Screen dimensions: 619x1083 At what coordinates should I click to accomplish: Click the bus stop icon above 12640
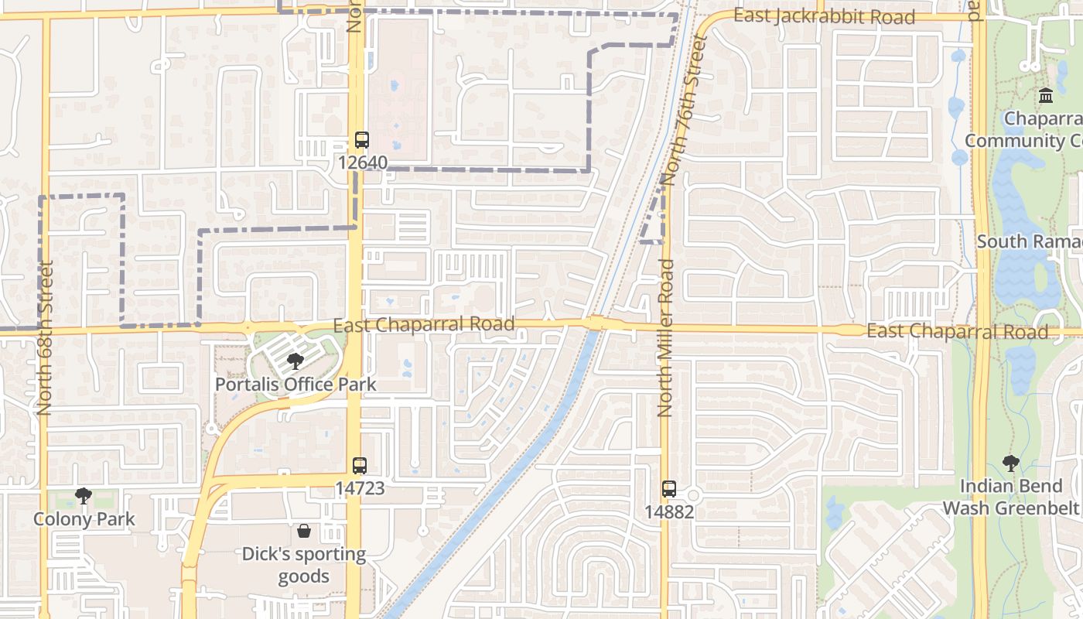362,140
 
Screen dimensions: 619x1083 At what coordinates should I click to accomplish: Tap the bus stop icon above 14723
359,466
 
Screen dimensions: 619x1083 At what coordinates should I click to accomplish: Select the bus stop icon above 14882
669,489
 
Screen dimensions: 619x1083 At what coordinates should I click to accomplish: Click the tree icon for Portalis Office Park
295,361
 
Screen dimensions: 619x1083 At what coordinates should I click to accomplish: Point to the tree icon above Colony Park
83,496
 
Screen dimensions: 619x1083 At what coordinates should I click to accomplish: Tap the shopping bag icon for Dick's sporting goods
304,531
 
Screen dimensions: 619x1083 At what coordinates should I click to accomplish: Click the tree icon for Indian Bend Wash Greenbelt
1010,463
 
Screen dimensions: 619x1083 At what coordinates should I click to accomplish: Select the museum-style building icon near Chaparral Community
1046,96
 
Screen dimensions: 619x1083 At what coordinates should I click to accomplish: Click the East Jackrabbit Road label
824,16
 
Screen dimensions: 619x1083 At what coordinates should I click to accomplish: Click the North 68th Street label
45,337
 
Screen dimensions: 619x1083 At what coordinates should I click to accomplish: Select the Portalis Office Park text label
296,384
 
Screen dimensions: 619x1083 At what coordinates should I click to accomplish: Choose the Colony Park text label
84,519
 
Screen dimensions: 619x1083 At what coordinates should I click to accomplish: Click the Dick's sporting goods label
304,565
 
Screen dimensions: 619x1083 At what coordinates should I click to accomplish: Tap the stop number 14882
669,512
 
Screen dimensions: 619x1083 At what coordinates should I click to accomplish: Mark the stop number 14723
360,489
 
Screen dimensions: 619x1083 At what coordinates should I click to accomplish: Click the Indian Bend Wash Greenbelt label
1010,497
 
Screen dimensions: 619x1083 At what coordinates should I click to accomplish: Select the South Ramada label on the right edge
1029,241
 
